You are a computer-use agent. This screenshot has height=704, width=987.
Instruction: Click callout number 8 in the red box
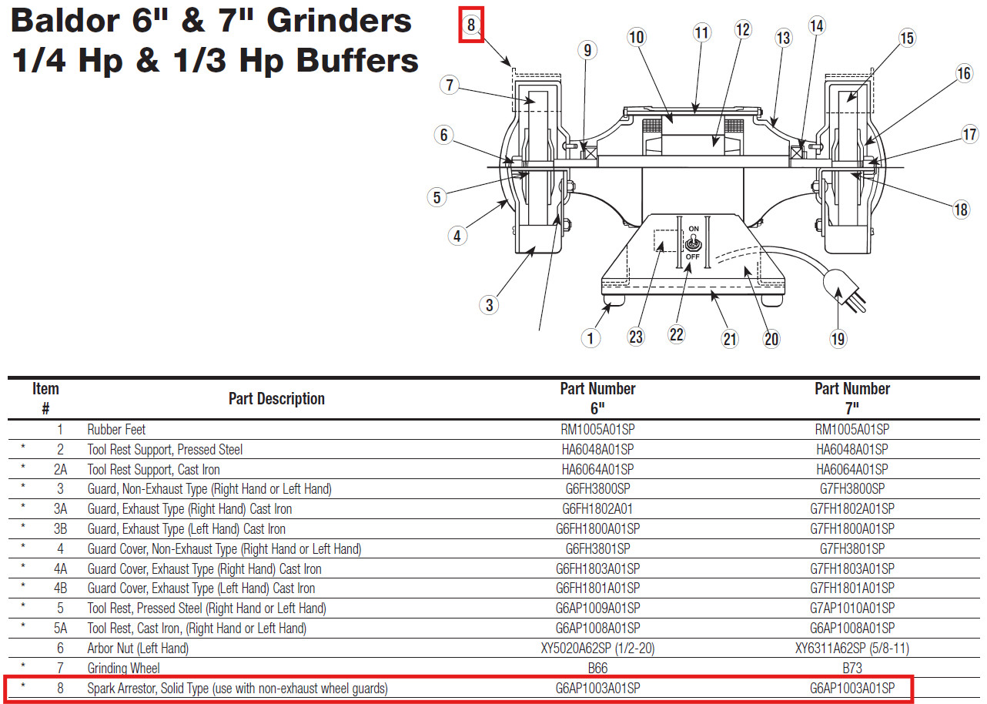(x=470, y=25)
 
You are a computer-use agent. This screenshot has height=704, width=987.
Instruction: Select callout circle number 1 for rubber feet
(x=591, y=337)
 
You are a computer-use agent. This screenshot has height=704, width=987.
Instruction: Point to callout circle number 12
(x=742, y=30)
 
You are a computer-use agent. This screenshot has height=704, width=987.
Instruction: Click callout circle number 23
(x=636, y=337)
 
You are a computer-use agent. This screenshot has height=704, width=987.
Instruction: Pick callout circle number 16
(x=964, y=73)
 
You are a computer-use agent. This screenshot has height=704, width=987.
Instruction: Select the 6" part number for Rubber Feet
(x=597, y=429)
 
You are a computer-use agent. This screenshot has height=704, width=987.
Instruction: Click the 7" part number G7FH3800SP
(x=851, y=489)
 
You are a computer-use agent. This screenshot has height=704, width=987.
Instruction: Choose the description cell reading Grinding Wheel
(x=123, y=669)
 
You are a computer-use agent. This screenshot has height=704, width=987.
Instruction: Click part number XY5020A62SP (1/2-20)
(x=597, y=649)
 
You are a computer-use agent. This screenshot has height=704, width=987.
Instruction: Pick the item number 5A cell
(x=60, y=629)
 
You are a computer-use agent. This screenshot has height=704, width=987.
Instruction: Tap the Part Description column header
(x=276, y=399)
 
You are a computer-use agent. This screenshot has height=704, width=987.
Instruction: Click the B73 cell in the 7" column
(x=851, y=669)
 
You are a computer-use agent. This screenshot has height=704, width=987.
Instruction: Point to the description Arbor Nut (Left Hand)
(x=138, y=649)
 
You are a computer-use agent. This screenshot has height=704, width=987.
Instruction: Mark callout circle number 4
(x=457, y=236)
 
